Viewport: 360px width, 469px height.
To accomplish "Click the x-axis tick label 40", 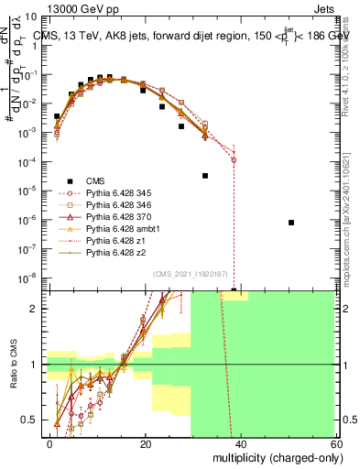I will (241, 444).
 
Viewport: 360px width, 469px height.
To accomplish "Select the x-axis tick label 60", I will (335, 444).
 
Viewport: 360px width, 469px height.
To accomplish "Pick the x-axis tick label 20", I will (146, 444).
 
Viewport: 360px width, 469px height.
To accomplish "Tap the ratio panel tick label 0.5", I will (32, 420).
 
